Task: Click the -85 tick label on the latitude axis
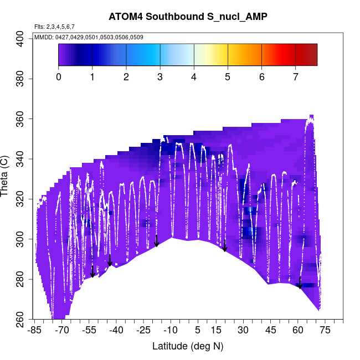(x=34, y=331)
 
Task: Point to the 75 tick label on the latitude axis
(x=325, y=331)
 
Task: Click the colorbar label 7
(x=296, y=76)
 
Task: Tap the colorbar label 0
(x=59, y=76)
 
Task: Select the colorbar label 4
(x=194, y=76)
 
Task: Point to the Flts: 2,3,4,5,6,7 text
(x=54, y=27)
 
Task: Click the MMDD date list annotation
(x=89, y=37)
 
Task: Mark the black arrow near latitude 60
(x=300, y=283)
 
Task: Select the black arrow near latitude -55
(x=93, y=271)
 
